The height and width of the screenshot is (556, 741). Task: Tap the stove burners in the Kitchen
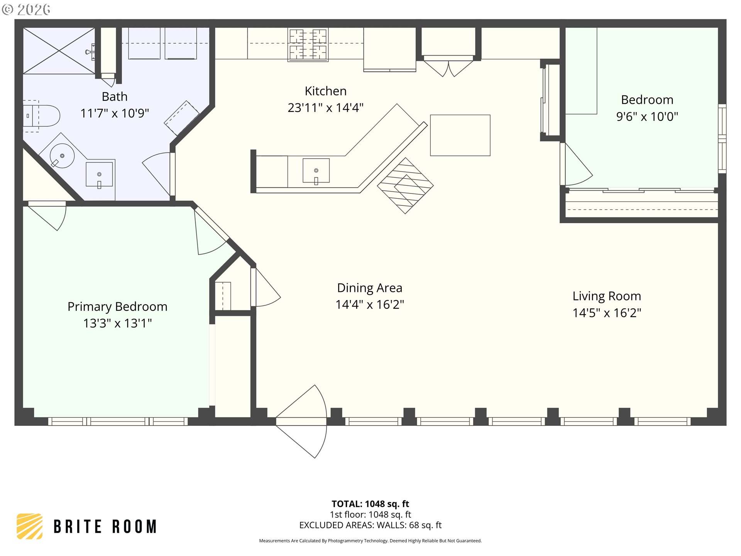coord(308,44)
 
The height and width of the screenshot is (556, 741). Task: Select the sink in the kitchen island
coord(316,170)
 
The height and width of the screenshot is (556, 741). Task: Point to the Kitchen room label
coord(326,91)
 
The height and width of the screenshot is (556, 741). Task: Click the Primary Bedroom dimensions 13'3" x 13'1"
coord(118,323)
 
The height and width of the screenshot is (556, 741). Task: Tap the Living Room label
coord(607,296)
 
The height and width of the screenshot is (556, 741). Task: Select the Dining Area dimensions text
coord(370,305)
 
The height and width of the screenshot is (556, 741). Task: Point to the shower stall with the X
coord(59,51)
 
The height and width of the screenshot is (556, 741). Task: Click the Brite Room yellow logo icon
coord(30,526)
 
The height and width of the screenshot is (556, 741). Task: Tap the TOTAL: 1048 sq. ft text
coord(370,504)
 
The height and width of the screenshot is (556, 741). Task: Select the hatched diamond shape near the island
coord(405,186)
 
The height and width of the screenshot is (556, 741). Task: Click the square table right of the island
coord(460,135)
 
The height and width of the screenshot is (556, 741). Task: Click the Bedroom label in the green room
coord(647,100)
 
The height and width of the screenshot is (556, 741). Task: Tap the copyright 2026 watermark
coord(26,10)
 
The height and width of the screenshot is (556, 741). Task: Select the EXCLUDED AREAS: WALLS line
coord(370,525)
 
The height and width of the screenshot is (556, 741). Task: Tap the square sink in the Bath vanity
coord(99,175)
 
